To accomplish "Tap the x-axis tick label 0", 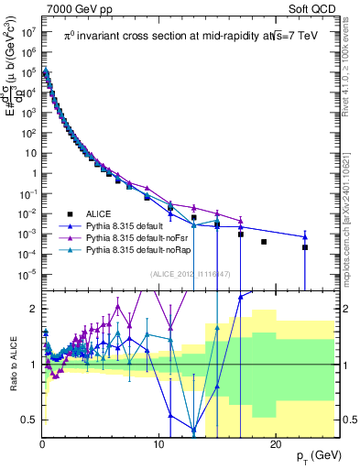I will click(43, 446).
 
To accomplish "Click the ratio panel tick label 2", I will click(35, 309).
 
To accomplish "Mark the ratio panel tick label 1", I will click(35, 365).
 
